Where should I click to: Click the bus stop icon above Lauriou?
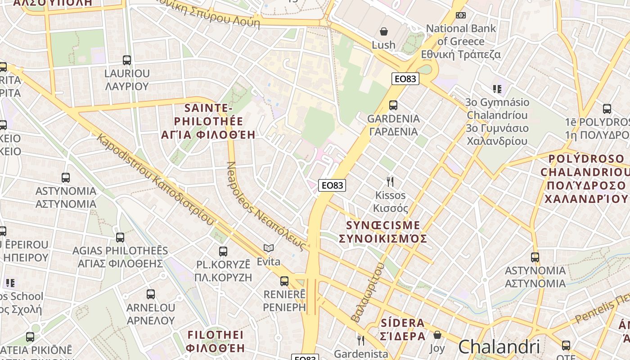tap(127, 60)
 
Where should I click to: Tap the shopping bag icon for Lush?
tap(384, 31)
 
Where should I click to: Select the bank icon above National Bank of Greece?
tap(460, 15)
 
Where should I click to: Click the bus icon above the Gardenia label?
tap(393, 105)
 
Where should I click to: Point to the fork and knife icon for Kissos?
tap(390, 182)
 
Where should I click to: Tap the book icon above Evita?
tap(269, 248)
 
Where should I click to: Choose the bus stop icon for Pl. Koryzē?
tap(223, 252)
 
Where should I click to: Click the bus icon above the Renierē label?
tap(284, 281)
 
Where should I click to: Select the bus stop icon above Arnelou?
tap(151, 294)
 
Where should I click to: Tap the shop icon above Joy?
tap(437, 335)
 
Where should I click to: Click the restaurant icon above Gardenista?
tap(360, 340)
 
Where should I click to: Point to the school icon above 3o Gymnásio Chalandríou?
tap(497, 89)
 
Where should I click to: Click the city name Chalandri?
tap(499, 347)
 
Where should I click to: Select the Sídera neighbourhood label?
tap(403, 329)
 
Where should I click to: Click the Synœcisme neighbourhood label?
tap(383, 232)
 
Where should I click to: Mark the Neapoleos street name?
tap(265, 207)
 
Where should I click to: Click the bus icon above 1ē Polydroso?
tap(607, 108)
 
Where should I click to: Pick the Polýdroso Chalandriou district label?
tap(585, 179)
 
